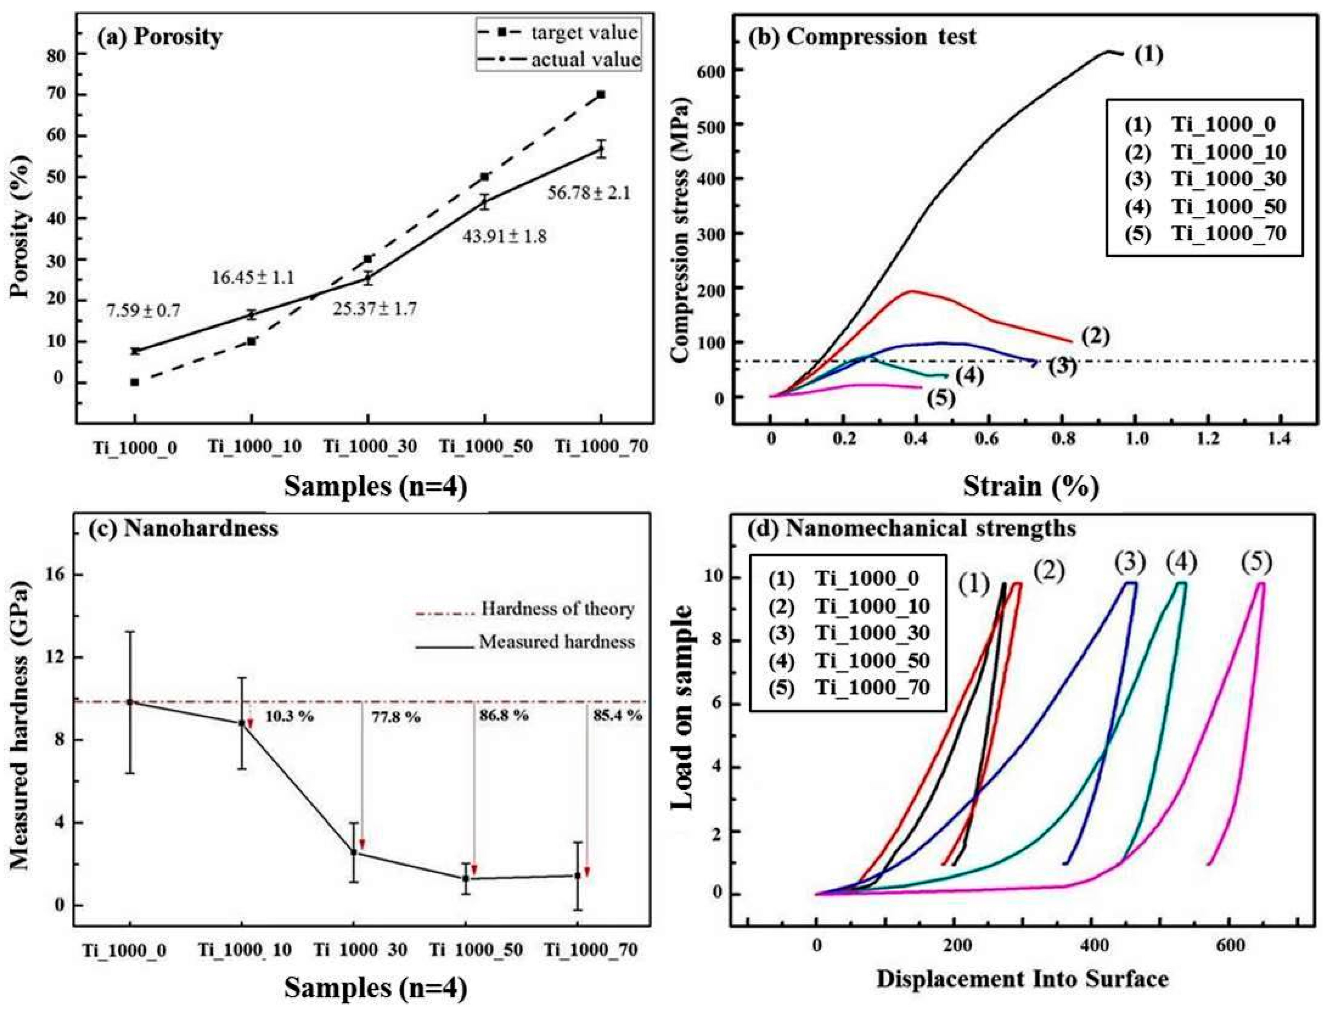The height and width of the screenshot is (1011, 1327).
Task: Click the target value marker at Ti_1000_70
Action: tap(600, 94)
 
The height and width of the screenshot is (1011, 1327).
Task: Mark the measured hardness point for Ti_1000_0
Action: tap(130, 702)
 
